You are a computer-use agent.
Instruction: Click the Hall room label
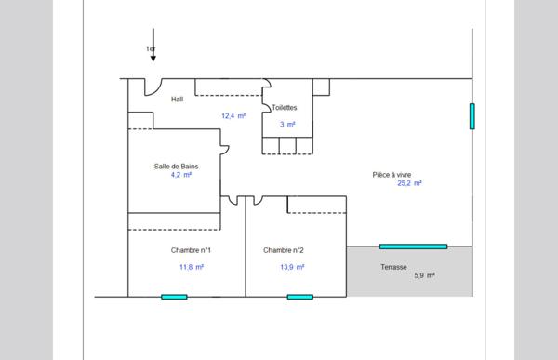(177, 99)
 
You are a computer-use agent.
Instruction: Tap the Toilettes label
(284, 108)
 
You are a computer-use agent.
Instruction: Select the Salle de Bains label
(176, 167)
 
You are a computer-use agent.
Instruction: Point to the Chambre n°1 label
(191, 250)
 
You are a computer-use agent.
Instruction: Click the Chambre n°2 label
(284, 250)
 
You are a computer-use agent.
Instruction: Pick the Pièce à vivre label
(392, 175)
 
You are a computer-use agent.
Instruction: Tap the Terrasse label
(393, 267)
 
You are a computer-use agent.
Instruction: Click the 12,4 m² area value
(233, 116)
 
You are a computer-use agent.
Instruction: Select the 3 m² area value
(287, 125)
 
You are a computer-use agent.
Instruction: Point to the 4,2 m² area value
(181, 175)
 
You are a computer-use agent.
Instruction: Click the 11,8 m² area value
(192, 267)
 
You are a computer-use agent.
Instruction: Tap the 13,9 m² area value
(292, 267)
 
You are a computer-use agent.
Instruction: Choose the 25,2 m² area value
(409, 183)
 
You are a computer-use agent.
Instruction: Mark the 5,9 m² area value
(425, 275)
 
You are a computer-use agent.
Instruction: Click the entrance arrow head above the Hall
(153, 59)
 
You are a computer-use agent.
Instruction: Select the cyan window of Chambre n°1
(174, 297)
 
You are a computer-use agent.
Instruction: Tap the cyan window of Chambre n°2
(300, 297)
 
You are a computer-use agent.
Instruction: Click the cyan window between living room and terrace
(413, 247)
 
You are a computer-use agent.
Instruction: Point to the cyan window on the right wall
(472, 116)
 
